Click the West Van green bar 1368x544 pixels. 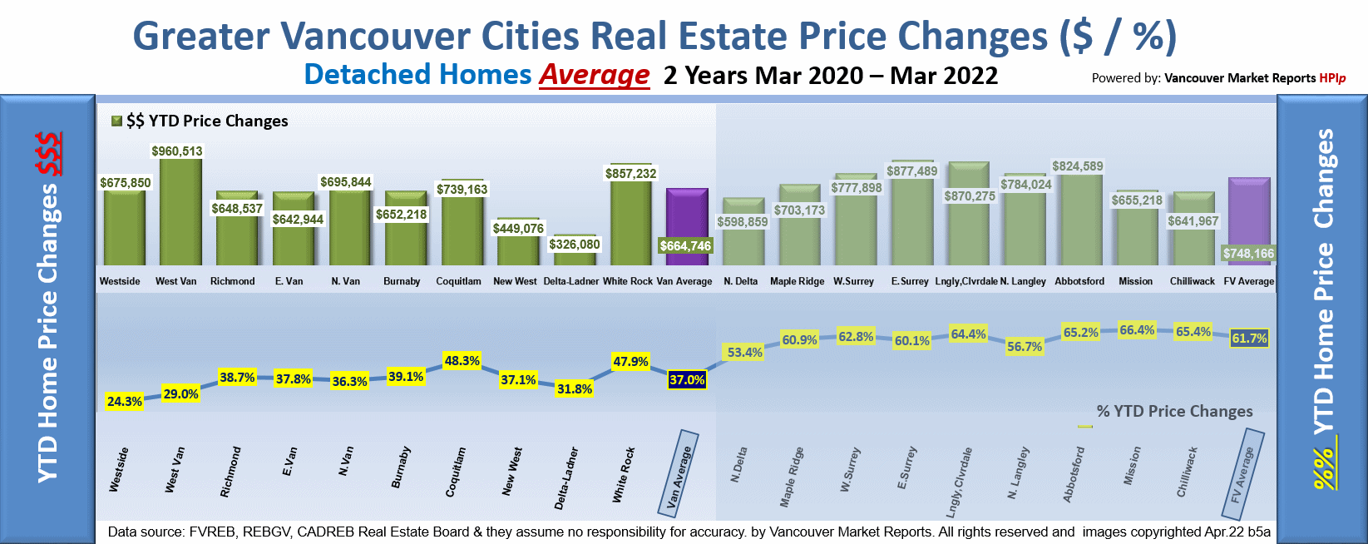click(x=180, y=214)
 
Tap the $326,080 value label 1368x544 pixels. click(x=574, y=245)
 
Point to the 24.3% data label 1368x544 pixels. click(x=125, y=402)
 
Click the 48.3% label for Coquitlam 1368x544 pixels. click(x=462, y=361)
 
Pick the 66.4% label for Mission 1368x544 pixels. click(x=1137, y=330)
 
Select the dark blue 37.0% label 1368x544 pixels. click(x=687, y=380)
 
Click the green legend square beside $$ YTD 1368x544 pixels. click(x=117, y=121)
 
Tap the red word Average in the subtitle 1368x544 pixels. click(x=594, y=75)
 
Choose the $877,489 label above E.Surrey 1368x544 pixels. click(x=912, y=171)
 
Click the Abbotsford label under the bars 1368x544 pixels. click(x=1079, y=281)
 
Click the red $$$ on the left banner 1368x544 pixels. click(x=49, y=154)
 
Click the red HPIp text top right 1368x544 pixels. click(x=1332, y=78)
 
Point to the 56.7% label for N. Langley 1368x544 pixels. click(x=1024, y=347)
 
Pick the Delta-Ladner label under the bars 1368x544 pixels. click(x=570, y=281)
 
